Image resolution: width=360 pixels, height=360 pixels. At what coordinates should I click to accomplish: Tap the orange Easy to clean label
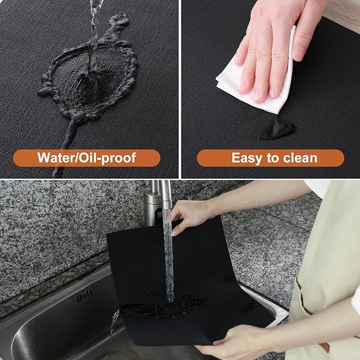click(x=270, y=157)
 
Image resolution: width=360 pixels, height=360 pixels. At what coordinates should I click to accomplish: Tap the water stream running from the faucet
click(x=169, y=254)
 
